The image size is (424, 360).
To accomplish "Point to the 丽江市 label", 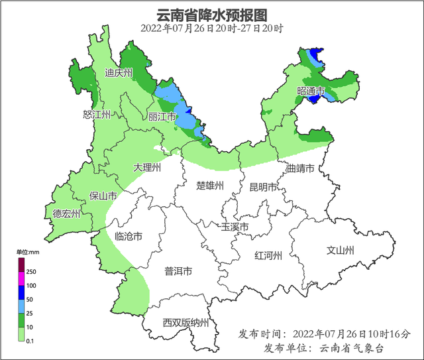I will [162, 117].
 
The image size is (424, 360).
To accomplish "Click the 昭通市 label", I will [311, 91].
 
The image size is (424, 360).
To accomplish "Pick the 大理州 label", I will [147, 168].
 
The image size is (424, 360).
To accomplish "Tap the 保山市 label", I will [103, 196].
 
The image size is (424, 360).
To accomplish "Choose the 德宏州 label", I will [67, 214].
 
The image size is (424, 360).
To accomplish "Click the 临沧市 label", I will [129, 237].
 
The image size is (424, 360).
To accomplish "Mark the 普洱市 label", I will [178, 271].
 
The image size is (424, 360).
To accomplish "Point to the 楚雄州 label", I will [211, 186].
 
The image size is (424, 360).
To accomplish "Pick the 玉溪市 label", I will [235, 227].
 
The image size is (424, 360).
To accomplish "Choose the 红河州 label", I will [269, 256].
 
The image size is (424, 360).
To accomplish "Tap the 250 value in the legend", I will [31, 272].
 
